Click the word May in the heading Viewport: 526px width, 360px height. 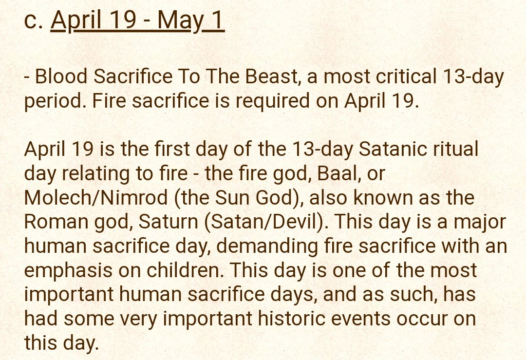180,21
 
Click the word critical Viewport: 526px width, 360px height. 406,76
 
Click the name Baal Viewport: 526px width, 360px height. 338,173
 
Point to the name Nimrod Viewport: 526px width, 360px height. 131,198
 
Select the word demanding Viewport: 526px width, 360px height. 267,246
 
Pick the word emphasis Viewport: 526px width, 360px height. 68,270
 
